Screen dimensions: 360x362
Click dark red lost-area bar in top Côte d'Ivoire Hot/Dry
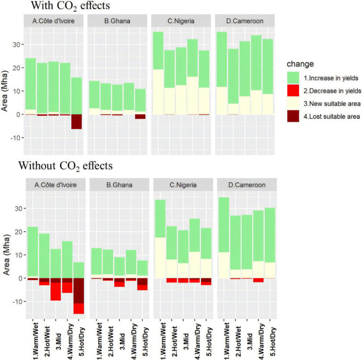coord(77,121)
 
